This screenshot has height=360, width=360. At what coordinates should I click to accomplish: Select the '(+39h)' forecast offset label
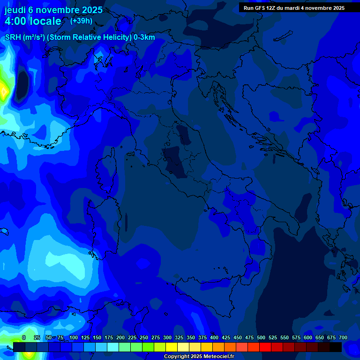tap(81, 21)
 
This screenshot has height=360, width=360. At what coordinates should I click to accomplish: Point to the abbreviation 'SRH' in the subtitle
tap(13, 37)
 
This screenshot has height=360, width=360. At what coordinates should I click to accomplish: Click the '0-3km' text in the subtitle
tap(144, 37)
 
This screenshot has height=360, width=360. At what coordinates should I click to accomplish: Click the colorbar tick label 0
tap(23, 337)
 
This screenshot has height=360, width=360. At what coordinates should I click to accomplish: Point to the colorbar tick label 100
tap(74, 337)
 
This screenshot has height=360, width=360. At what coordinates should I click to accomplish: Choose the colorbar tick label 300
tap(167, 337)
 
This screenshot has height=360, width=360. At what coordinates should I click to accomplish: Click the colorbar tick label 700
tap(343, 337)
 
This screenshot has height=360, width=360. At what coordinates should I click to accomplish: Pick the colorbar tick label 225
tap(132, 337)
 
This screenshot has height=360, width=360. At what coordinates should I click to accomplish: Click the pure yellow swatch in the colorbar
tap(171, 347)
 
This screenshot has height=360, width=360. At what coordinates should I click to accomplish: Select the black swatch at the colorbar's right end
tap(335, 347)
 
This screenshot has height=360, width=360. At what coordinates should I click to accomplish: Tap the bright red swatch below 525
tap(265, 347)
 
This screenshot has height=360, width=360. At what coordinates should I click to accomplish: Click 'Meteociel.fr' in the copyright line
tap(218, 357)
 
